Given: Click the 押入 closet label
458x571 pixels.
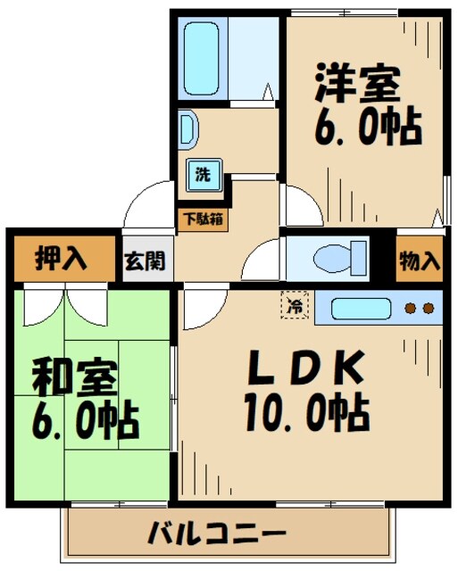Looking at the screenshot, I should click(61, 260).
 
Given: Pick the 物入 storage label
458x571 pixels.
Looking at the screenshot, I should click(419, 261).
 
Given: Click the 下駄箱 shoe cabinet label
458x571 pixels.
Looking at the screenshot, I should click(204, 217).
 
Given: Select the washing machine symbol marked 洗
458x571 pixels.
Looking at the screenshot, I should click(204, 174).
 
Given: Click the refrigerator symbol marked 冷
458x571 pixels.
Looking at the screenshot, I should click(294, 305).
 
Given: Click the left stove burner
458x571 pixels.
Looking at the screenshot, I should click(412, 310).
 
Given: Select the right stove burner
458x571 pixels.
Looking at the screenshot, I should click(429, 310).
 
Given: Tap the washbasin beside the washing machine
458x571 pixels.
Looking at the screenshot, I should click(187, 126).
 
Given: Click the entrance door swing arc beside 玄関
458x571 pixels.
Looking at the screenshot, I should click(143, 206).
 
